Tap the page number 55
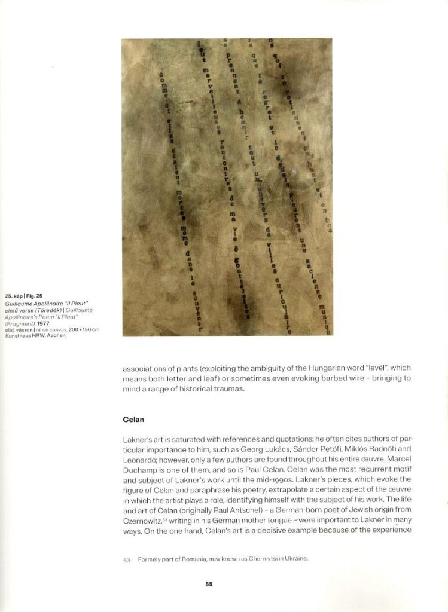[x=209, y=584]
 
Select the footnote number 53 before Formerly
[x=126, y=559]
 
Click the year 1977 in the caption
[x=44, y=323]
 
